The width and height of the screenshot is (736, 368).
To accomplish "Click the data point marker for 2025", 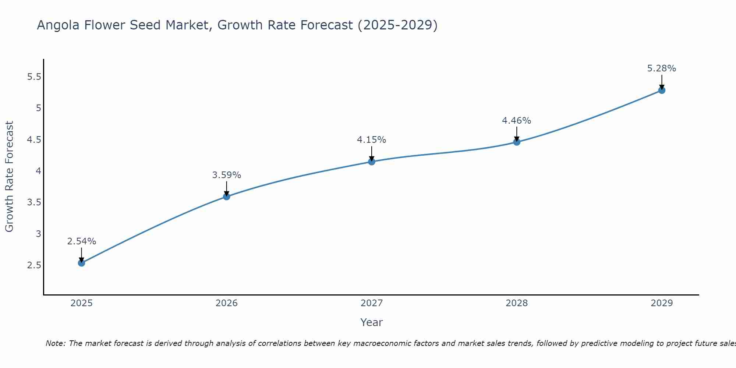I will tap(82, 263).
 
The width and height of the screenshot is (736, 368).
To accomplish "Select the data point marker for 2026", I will tap(227, 197).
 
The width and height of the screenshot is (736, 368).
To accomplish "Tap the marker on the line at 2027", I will tap(372, 162).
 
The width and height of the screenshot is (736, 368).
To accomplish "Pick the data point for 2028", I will tap(517, 142).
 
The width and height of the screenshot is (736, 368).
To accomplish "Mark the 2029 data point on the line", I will tap(662, 90).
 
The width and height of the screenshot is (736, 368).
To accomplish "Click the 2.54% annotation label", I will tap(82, 241).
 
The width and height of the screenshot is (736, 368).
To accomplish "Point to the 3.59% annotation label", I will tap(227, 175).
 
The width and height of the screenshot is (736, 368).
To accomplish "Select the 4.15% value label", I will tap(372, 140).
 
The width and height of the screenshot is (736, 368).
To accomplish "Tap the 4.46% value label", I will tap(517, 121).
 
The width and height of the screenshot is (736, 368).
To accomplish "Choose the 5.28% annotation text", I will tap(662, 68).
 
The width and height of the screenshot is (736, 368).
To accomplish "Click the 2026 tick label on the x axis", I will tap(227, 303).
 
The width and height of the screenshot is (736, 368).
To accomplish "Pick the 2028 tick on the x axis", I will tap(517, 303).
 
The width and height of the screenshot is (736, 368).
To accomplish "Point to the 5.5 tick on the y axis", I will tap(34, 77).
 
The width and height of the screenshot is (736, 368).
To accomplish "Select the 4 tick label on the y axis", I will tap(38, 171).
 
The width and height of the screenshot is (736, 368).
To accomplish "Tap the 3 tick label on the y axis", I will tap(38, 234).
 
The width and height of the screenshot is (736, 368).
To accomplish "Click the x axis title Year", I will tap(372, 322).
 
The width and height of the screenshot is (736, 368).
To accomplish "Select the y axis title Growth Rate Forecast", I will tap(9, 177).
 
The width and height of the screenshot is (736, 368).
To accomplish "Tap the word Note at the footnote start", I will tap(55, 343).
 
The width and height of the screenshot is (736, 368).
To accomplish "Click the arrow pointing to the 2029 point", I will tap(662, 82).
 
